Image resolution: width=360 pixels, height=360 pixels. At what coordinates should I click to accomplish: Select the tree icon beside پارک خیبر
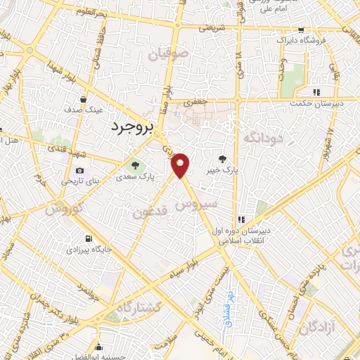coord(223,160)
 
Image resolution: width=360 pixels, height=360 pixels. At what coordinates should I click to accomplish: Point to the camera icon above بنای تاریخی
coord(79,170)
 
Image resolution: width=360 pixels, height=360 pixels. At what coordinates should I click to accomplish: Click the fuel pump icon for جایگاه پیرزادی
coord(88,238)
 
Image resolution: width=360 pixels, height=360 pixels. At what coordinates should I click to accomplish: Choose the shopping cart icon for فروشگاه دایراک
coord(301,30)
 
